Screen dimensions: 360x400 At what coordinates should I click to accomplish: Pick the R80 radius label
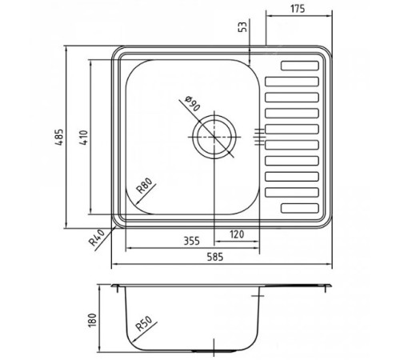(x=144, y=189)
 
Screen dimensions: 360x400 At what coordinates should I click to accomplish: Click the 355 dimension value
(x=190, y=238)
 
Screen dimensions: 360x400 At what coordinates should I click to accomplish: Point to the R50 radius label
(x=144, y=325)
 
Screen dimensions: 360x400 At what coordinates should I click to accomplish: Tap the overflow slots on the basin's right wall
(x=259, y=136)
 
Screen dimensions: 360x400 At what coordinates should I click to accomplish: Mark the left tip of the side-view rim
(x=110, y=285)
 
